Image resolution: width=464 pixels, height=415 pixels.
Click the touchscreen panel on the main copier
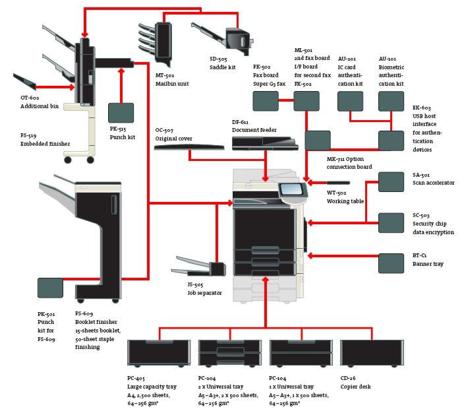[293, 189]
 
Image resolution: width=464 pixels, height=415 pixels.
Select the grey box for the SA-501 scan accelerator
[391, 182]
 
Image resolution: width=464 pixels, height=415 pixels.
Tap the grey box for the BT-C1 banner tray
[391, 263]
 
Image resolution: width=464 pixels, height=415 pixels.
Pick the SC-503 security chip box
[391, 223]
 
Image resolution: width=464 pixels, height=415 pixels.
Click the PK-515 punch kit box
[121, 113]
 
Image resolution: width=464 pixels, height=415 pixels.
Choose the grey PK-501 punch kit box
[50, 288]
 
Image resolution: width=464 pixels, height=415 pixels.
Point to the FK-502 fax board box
[266, 101]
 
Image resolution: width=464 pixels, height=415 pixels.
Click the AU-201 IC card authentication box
[351, 101]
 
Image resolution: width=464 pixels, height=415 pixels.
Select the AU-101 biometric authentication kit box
[391, 101]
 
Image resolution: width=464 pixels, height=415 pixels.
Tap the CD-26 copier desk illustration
[372, 354]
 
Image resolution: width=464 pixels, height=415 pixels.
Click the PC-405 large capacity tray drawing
[159, 354]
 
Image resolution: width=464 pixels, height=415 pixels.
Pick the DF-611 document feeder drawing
[265, 143]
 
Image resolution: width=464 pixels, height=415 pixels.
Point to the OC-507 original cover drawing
[189, 147]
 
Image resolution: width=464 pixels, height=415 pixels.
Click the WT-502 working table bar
[338, 183]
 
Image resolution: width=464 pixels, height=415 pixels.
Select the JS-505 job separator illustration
[199, 267]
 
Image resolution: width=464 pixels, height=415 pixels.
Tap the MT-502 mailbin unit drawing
[156, 44]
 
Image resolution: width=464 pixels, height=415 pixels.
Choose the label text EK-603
[422, 108]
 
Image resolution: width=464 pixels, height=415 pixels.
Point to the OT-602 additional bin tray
[24, 81]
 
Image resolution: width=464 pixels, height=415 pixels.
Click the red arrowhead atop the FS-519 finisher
[85, 35]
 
